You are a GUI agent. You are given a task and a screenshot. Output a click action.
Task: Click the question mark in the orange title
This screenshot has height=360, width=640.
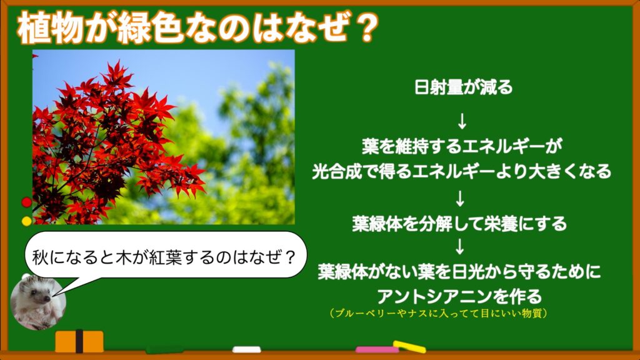pos(364,27)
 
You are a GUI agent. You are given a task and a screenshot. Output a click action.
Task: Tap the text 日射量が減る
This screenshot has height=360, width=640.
pos(463,87)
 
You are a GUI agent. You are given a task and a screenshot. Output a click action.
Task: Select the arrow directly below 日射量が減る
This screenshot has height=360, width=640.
pos(462,121)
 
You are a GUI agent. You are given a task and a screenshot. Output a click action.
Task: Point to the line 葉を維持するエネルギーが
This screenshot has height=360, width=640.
pos(462,146)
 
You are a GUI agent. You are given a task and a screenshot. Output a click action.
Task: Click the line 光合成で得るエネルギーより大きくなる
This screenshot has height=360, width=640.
pos(462,171)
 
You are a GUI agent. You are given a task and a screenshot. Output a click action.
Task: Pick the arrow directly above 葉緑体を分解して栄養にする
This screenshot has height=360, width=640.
pos(460,198)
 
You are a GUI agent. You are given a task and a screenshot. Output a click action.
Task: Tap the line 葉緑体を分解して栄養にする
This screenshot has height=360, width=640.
pos(459,224)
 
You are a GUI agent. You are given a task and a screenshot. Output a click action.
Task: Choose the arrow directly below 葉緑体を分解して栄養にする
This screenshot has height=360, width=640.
pos(460,246)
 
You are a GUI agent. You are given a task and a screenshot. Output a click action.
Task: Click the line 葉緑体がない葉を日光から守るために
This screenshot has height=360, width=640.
pos(459,271)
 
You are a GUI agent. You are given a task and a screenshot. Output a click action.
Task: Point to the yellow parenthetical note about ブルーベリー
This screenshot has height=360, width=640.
pos(438,314)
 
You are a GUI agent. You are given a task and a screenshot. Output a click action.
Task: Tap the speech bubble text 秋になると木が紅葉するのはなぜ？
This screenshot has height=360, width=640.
pos(164,257)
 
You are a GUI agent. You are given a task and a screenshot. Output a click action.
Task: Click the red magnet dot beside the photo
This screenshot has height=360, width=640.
pos(26,202)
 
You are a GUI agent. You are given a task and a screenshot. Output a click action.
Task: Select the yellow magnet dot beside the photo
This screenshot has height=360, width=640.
pos(26,221)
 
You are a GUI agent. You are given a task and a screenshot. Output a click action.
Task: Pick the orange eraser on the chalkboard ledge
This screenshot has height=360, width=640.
pos(79,341)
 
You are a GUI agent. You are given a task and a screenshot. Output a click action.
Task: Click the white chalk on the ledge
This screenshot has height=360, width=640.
pos(246,349)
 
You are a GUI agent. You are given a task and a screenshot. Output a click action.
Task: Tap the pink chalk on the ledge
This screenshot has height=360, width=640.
pos(377,350)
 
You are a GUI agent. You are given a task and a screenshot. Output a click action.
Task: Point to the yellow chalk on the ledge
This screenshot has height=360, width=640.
pos(409,346)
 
